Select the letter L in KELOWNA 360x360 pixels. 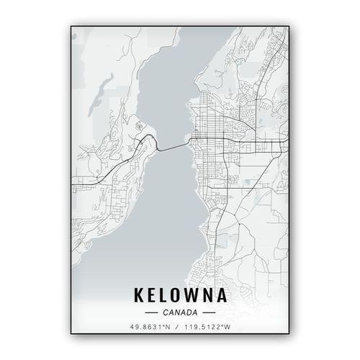pos(164,295)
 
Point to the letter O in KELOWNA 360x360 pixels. pos(177,295)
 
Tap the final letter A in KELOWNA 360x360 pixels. pos(223,295)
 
